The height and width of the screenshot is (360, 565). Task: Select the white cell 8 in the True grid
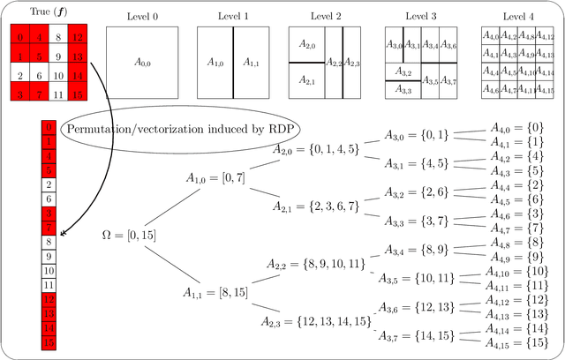tap(56, 37)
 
